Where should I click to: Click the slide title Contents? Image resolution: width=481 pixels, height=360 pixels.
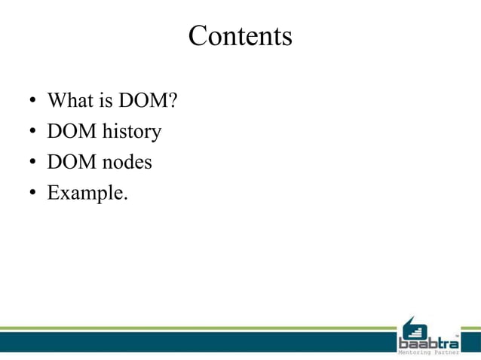[240, 36]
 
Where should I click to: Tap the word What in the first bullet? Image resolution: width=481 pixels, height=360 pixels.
[66, 101]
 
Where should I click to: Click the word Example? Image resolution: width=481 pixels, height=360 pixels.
[87, 193]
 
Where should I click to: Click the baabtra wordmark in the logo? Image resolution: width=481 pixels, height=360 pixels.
[428, 343]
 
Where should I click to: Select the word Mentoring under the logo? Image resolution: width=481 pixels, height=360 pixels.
[416, 353]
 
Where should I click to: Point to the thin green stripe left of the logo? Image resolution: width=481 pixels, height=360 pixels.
[196, 328]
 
